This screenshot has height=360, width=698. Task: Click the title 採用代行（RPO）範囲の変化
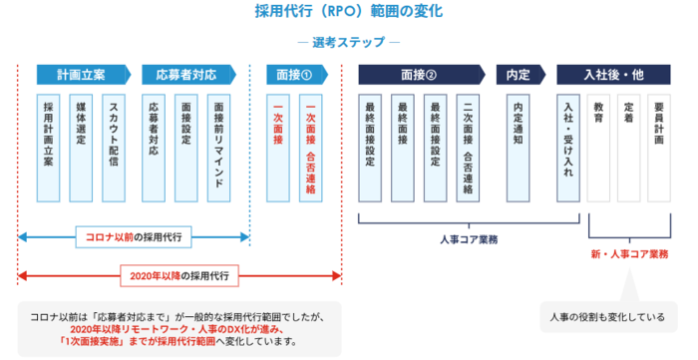(349, 13)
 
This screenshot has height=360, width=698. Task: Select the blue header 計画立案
(79, 75)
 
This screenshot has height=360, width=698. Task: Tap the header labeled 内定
(518, 75)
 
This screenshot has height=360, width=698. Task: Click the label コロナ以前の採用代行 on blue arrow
(133, 237)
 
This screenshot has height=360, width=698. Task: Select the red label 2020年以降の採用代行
(179, 274)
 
